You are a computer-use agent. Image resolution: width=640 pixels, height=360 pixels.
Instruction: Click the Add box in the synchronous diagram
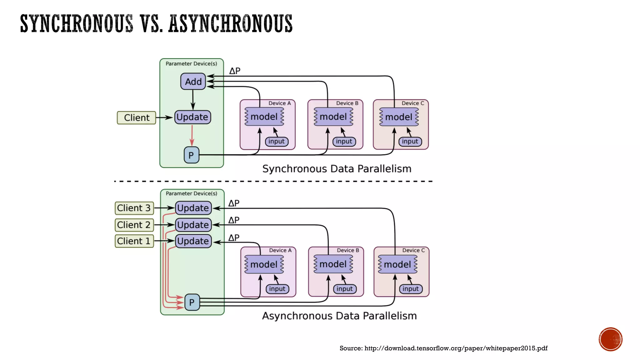coord(193,82)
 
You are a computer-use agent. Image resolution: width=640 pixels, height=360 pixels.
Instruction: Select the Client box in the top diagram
coord(137,118)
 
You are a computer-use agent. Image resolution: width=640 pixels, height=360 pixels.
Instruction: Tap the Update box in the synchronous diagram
coord(192,117)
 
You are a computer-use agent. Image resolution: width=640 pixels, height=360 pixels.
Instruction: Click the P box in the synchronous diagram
coord(191,155)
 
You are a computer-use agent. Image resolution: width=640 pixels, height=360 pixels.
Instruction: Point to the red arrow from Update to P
coord(192,135)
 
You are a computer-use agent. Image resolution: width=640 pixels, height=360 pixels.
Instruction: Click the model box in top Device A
coord(264,117)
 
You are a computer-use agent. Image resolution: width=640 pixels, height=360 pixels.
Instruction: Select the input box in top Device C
coord(410,142)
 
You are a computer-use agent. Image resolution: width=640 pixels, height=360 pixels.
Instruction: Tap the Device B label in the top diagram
coord(347,103)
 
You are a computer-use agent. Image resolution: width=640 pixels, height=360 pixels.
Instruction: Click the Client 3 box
coord(134,208)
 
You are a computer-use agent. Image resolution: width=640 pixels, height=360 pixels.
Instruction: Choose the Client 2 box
coord(134,225)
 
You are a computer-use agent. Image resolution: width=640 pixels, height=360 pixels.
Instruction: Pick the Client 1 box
coord(134,241)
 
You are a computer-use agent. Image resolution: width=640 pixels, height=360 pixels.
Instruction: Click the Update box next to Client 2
coord(193,225)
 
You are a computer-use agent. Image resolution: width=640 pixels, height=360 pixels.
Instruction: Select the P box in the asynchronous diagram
coord(192,302)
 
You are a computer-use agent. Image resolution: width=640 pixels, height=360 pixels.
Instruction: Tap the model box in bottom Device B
coord(333,264)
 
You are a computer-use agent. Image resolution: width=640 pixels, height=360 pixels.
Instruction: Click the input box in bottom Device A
coord(277,289)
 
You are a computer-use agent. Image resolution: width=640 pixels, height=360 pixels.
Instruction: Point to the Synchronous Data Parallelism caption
coord(337,169)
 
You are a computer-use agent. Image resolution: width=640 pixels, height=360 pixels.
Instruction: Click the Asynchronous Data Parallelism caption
coord(339,316)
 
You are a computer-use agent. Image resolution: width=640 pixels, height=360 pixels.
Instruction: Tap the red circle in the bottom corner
coord(610,339)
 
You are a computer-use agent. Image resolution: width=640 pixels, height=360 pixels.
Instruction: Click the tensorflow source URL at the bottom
coord(456,348)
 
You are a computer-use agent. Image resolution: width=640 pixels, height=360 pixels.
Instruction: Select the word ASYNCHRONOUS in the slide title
coord(230,24)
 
